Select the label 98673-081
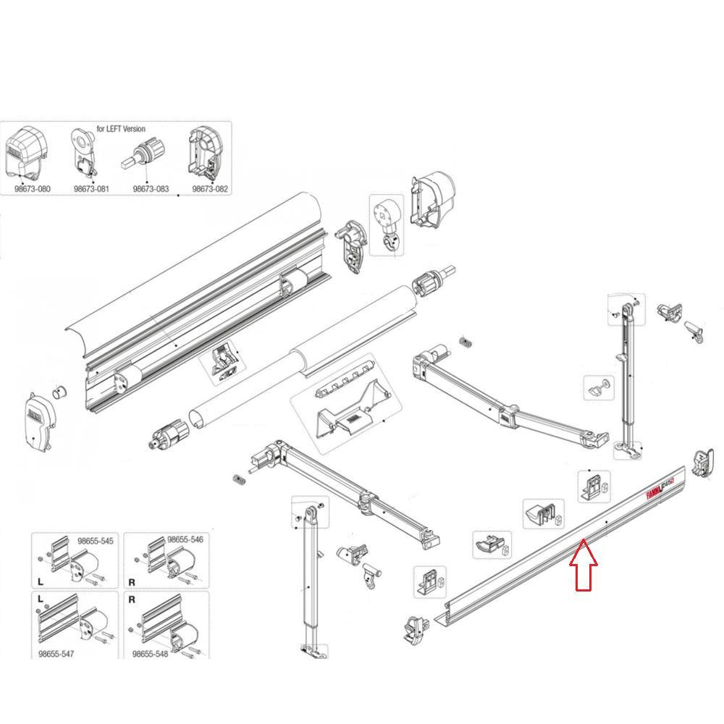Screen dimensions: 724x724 (91, 188)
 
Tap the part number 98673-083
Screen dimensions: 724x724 (151, 188)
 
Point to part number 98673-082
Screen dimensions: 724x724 (210, 188)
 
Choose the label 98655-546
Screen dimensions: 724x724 (185, 540)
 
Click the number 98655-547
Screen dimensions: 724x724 (56, 654)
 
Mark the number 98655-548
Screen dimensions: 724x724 (151, 654)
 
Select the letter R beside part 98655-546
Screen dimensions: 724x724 (131, 581)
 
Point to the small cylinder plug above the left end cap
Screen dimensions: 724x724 (58, 394)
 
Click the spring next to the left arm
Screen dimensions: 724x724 (237, 478)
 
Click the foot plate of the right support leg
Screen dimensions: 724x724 (629, 450)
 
